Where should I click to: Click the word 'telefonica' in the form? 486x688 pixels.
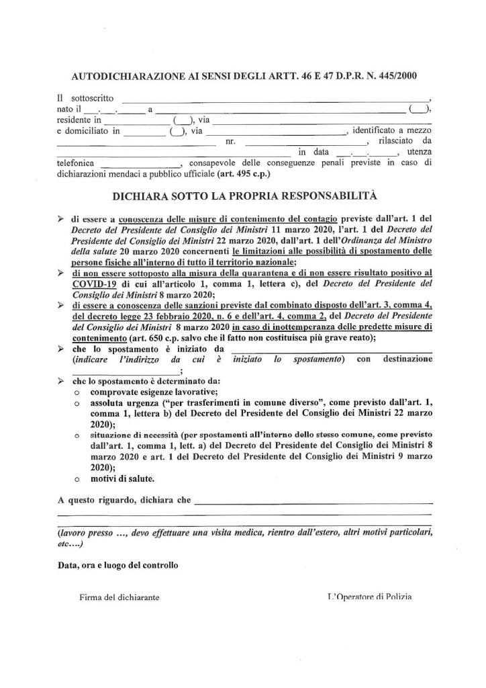[x=76, y=163]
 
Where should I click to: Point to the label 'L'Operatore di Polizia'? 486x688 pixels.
[x=369, y=597]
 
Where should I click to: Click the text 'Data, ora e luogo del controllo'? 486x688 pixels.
[x=117, y=565]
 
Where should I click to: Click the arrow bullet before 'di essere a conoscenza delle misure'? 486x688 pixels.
[x=60, y=218]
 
